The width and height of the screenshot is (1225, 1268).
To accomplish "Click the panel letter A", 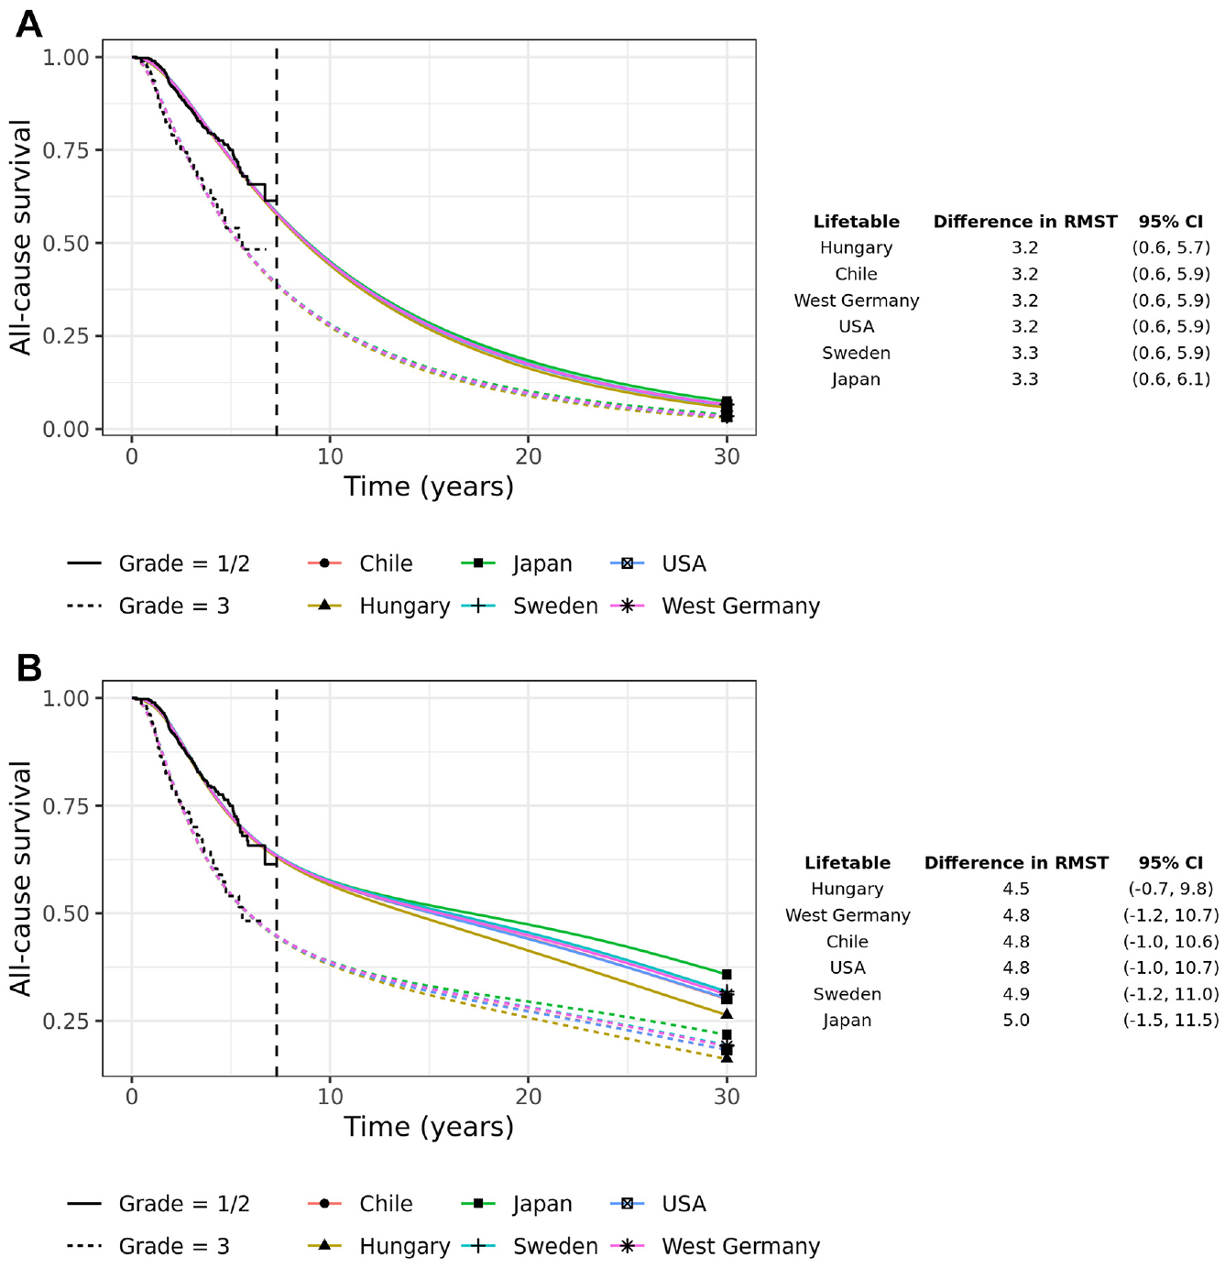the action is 28,25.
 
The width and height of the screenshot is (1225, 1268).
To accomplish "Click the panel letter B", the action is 28,668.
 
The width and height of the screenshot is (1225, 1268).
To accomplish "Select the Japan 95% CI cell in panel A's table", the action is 1170,379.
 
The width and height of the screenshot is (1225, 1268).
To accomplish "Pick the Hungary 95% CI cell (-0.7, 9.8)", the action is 1170,889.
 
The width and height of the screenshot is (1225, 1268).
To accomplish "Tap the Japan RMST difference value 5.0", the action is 1016,1020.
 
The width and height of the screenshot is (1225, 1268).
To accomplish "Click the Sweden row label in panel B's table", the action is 848,994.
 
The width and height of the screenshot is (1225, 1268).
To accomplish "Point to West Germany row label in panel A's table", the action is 856,301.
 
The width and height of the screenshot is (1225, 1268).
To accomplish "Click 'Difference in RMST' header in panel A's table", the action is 1025,222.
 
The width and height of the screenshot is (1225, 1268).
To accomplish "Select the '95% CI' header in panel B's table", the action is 1170,863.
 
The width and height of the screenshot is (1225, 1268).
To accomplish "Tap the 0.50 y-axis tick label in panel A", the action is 65,243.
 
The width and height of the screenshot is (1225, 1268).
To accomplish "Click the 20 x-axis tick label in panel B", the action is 528,1097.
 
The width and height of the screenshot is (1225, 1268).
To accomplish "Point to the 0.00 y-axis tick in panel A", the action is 65,430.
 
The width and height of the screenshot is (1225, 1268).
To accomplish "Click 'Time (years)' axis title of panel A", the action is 429,486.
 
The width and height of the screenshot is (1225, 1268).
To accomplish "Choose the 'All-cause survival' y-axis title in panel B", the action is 21,879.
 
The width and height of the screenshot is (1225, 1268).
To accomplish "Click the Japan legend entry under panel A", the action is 518,563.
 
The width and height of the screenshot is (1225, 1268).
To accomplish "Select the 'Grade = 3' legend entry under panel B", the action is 148,1247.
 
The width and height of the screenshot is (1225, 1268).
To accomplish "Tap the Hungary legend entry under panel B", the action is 378,1247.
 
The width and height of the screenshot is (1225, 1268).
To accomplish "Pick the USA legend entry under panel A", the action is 658,563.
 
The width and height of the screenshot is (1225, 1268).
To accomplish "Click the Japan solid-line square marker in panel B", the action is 727,975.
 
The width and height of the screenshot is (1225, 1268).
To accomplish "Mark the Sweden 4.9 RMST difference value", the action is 1016,994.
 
